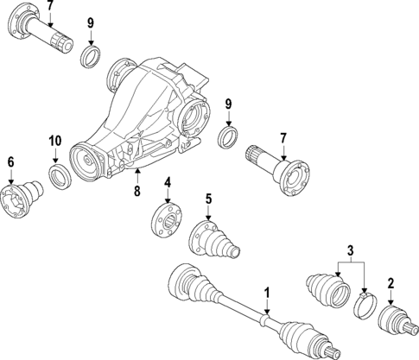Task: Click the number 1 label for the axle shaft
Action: tap(268, 294)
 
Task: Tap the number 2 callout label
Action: tap(390, 283)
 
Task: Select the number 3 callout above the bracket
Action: tap(350, 251)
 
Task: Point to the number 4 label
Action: tap(168, 182)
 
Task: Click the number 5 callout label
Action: tap(208, 199)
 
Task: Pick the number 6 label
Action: tap(10, 161)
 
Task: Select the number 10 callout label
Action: tap(54, 141)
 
